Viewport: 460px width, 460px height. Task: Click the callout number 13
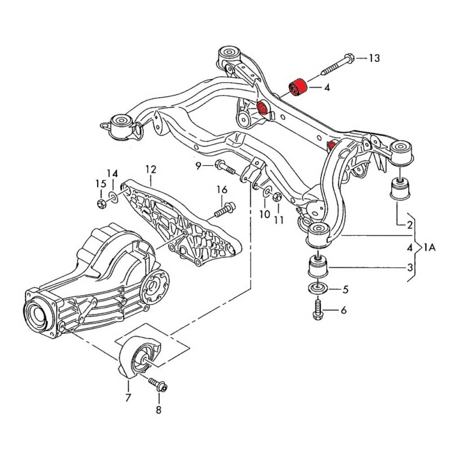374,58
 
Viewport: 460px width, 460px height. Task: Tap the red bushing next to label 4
296,87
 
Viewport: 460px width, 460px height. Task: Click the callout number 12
150,169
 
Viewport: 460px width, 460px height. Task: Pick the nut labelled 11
277,197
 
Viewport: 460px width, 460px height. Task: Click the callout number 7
128,397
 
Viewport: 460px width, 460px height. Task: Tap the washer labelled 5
318,288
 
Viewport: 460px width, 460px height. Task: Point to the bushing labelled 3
318,268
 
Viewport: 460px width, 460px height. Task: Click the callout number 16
222,190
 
